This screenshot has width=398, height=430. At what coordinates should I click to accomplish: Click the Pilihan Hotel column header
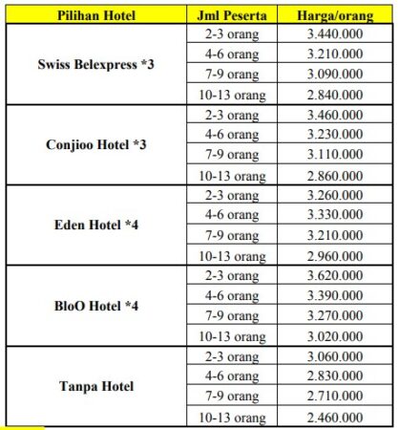[x=95, y=15]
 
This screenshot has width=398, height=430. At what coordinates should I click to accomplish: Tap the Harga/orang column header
[x=336, y=15]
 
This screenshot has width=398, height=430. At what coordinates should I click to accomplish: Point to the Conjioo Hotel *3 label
[x=95, y=145]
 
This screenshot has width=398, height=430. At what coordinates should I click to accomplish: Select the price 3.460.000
[x=336, y=115]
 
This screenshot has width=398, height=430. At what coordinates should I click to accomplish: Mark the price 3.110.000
[x=336, y=155]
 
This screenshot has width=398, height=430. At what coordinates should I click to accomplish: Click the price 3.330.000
[x=336, y=215]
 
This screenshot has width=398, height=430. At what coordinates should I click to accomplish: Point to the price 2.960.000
[x=336, y=255]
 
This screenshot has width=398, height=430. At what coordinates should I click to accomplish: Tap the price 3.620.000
[x=336, y=275]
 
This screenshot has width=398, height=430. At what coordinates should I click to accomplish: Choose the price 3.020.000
[x=336, y=335]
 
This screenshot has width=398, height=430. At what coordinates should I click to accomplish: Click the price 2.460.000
[x=336, y=417]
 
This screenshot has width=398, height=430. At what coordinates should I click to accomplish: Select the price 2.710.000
[x=336, y=396]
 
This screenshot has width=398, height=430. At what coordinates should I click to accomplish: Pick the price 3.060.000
[x=336, y=355]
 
